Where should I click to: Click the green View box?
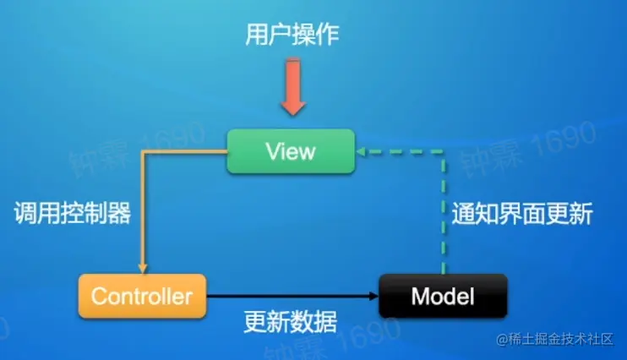coord(290,152)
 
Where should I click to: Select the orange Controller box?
coord(142,296)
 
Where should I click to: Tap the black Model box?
coord(442,296)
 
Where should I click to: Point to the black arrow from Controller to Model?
coord(287,297)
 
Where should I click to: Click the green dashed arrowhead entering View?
coord(361,152)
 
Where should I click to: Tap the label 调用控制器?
coord(73,213)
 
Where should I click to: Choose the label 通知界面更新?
coord(520,214)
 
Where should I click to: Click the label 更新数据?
coord(290,323)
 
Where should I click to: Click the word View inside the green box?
coord(290,152)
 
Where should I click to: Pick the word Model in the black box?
coord(442,297)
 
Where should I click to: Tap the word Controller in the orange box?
coord(142,297)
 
